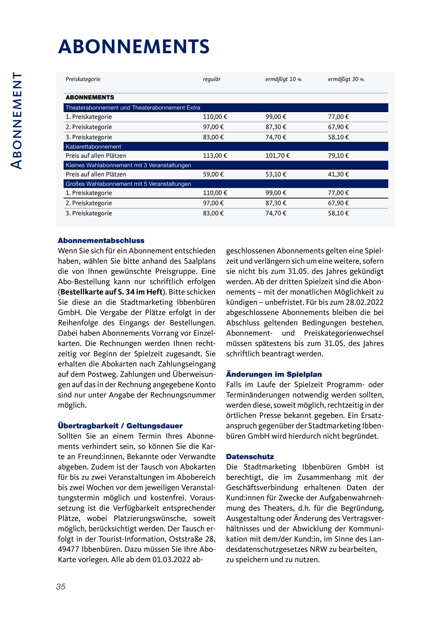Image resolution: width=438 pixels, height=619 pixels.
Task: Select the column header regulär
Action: (212, 79)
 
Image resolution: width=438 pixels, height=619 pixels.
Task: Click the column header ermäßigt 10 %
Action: (283, 79)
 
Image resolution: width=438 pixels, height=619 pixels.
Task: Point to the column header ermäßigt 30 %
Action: (346, 79)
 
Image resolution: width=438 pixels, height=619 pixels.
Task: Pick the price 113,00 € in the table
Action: (215, 156)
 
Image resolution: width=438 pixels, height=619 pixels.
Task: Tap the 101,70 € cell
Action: (277, 156)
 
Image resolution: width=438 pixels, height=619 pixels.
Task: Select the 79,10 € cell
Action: (338, 156)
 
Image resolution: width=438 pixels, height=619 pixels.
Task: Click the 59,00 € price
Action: (213, 174)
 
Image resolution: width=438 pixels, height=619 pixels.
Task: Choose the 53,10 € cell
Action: (276, 174)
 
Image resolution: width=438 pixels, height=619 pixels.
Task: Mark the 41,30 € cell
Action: (338, 174)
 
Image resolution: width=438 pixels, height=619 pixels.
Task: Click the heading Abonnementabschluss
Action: (101, 240)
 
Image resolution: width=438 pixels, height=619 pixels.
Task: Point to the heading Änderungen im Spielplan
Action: (274, 374)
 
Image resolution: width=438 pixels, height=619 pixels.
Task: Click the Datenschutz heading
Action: (250, 457)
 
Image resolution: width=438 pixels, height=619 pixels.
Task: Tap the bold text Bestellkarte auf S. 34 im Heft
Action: (112, 292)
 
